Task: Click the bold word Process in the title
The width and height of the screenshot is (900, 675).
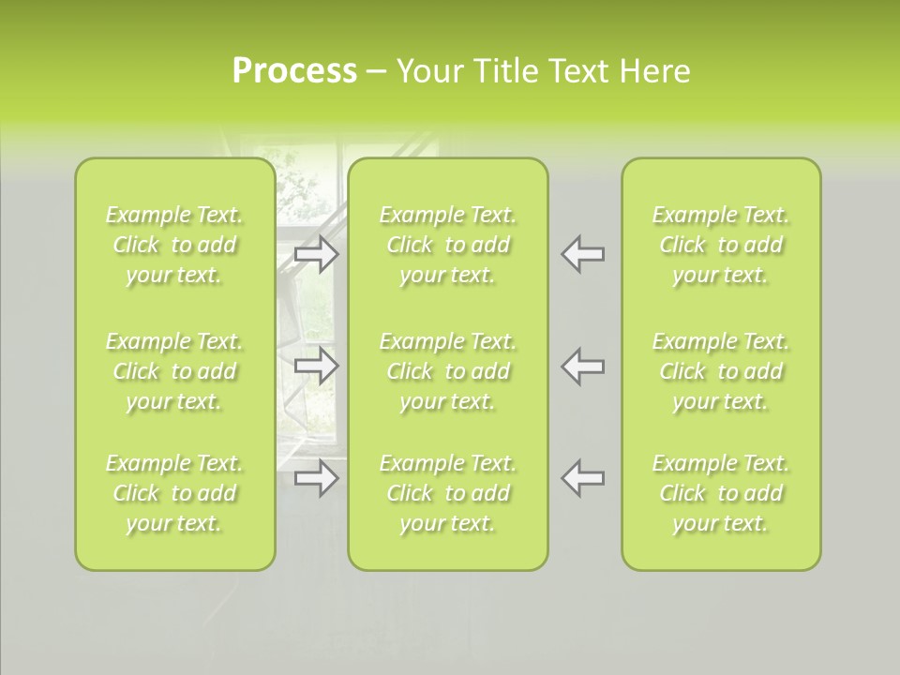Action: point(294,71)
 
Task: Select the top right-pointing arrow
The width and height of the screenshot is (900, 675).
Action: point(317,253)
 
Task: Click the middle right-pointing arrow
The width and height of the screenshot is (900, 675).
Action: point(317,366)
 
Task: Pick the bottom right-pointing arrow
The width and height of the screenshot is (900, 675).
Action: point(317,478)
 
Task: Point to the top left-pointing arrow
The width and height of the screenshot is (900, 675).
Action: point(583,253)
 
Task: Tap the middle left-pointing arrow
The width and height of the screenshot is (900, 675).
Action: point(583,366)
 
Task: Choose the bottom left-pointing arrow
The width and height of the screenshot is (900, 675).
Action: point(583,478)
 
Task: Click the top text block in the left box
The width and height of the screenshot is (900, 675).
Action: point(174,245)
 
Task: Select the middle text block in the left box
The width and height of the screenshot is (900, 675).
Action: point(174,371)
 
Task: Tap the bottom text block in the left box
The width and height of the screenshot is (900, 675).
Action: point(174,493)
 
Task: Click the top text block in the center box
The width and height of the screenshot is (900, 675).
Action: point(448,245)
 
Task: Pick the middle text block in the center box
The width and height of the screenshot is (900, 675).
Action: point(448,371)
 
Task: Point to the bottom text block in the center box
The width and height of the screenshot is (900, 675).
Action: point(448,493)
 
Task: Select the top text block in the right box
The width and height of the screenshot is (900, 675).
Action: point(721,245)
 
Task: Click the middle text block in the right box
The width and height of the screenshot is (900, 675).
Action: point(721,371)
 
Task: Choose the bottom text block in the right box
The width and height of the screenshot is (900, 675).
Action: point(721,493)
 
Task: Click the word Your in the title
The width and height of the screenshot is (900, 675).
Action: point(427,71)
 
